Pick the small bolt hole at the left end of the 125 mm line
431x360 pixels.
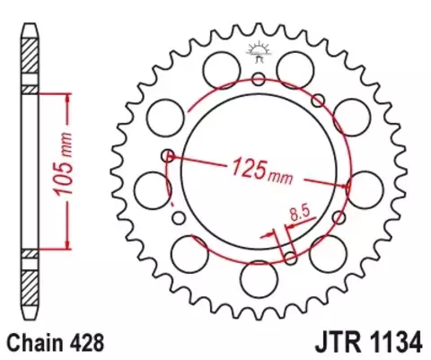(166, 155)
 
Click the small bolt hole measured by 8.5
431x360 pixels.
(290, 259)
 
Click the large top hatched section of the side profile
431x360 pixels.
(31, 58)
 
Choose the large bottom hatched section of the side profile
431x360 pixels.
(31, 284)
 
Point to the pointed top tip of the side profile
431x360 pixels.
(31, 17)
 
